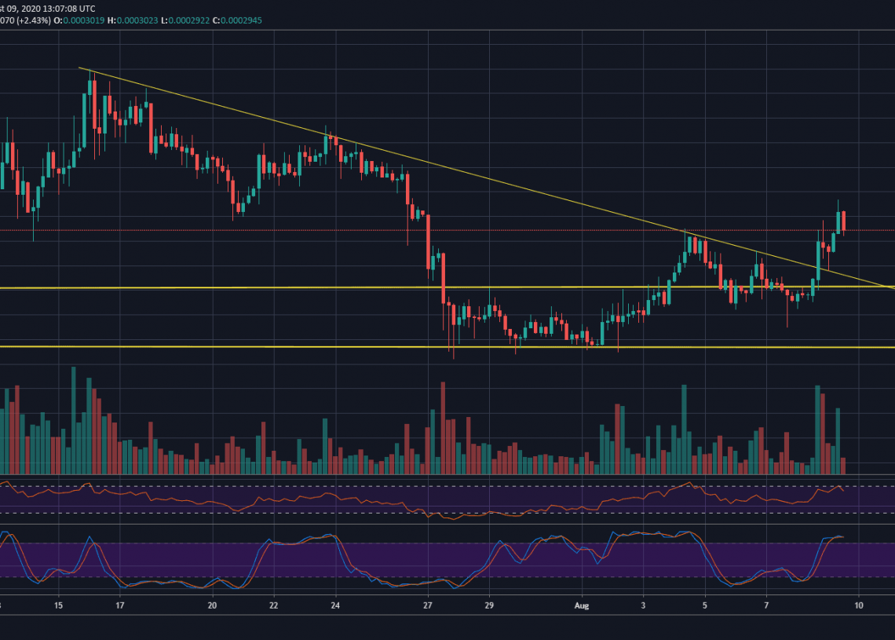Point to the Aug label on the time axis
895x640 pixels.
(582, 605)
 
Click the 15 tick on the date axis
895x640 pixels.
(58, 605)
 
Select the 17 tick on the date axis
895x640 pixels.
(119, 605)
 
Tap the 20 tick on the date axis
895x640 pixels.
(212, 605)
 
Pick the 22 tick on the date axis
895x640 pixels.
(273, 605)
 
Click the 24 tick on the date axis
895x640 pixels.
(335, 605)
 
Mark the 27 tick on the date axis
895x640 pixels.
(428, 605)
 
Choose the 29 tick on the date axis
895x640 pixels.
(489, 605)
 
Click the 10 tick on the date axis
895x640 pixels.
(859, 605)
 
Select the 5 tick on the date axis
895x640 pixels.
(705, 605)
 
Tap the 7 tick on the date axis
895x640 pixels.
(766, 605)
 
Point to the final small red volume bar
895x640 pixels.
(843, 465)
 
